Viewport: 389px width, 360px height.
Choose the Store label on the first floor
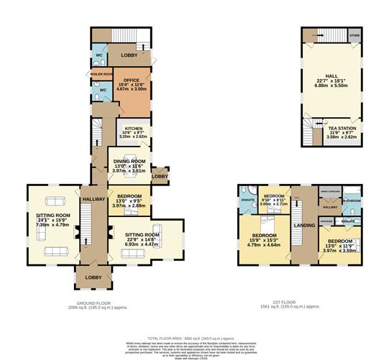click(354, 34)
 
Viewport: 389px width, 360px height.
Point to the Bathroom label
click(352, 201)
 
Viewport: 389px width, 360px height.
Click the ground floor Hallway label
click(93, 200)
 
